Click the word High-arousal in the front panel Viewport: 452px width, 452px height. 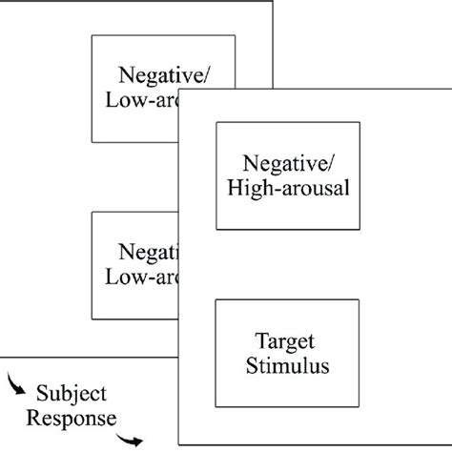[x=289, y=188]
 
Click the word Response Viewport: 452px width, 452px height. [x=72, y=417]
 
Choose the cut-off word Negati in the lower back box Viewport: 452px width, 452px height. [x=148, y=253]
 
